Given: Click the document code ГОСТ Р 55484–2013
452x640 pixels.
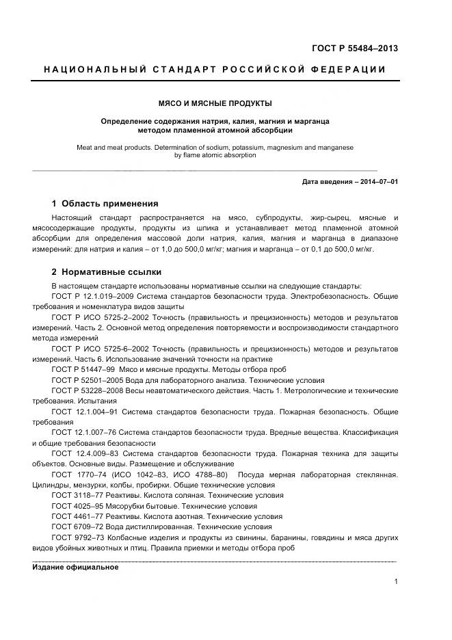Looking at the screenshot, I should click(x=355, y=49).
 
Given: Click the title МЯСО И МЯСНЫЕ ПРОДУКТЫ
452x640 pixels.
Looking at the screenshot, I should click(x=215, y=104).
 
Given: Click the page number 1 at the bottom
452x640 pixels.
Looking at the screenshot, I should click(x=396, y=581).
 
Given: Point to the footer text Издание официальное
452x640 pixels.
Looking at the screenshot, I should click(x=76, y=567).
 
